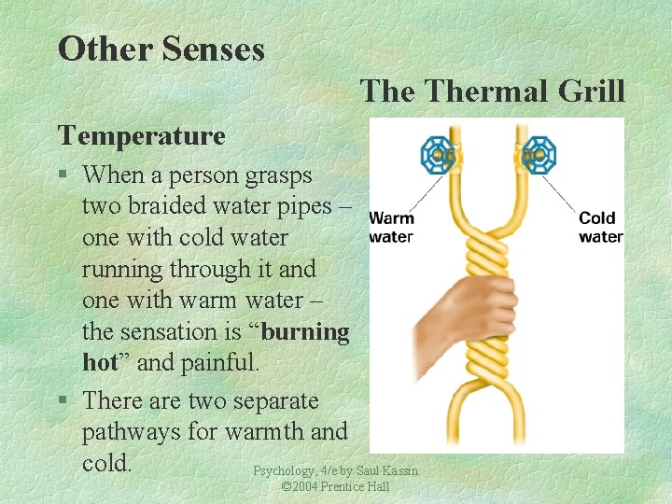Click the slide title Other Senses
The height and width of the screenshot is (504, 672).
click(161, 49)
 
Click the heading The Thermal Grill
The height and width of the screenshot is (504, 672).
click(492, 91)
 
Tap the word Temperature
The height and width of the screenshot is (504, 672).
click(141, 136)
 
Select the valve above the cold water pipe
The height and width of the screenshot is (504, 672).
click(538, 154)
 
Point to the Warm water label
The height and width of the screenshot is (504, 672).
click(391, 228)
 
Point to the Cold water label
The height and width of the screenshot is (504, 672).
click(600, 228)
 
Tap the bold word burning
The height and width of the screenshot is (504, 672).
click(306, 332)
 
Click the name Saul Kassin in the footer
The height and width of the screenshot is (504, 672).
click(387, 471)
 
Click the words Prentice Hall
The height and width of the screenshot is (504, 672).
click(357, 487)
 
